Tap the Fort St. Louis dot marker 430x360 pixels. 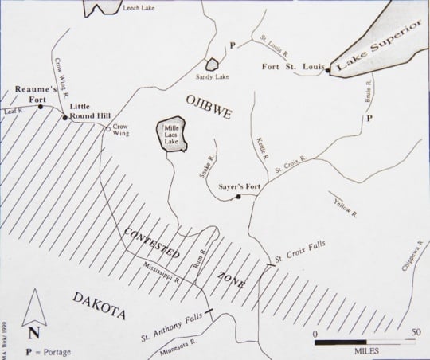point(327,71)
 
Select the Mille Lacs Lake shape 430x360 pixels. point(174,136)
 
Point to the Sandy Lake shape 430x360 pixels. point(212,65)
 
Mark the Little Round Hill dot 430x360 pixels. point(64,116)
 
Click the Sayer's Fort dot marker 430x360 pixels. point(239,197)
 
